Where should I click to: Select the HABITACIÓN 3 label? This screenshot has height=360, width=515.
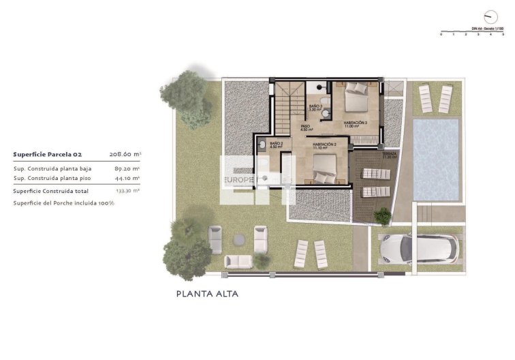[355, 123]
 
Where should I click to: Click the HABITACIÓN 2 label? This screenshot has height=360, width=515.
[326, 145]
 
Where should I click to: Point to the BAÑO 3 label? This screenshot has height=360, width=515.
[315, 108]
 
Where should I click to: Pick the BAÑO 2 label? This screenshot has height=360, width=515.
[276, 145]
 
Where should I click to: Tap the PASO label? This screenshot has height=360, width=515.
[305, 127]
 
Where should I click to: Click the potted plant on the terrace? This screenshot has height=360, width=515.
[383, 216]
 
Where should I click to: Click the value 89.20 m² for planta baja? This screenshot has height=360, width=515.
[127, 168]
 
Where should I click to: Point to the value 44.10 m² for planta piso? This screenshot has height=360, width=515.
[127, 178]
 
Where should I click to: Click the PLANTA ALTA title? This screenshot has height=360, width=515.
[207, 295]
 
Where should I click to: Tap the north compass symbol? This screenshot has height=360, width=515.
[487, 16]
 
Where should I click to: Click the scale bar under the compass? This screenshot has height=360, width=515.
[472, 31]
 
